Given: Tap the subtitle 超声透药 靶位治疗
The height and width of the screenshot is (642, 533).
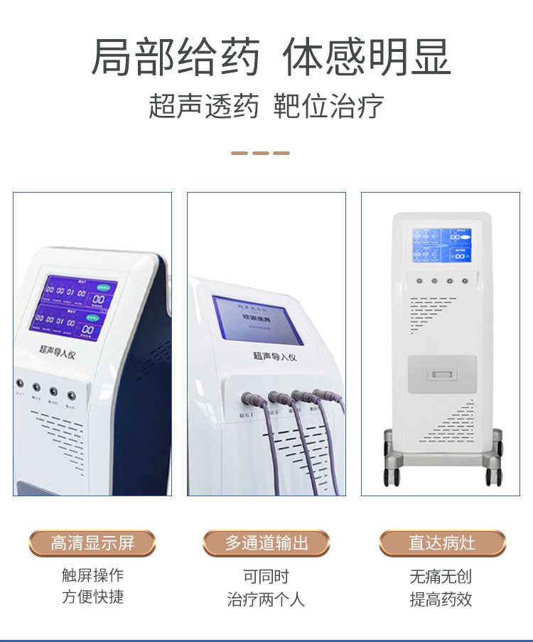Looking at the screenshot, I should pyautogui.click(x=266, y=106).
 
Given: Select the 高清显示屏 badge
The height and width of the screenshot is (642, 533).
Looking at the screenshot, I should pyautogui.click(x=92, y=543).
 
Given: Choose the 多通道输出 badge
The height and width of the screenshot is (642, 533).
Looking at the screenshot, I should pyautogui.click(x=266, y=543).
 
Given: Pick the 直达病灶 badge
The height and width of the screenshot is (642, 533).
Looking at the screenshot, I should pyautogui.click(x=442, y=543).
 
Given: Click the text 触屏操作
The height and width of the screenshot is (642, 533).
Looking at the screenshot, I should pyautogui.click(x=92, y=575).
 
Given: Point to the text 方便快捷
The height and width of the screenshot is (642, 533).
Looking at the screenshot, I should pyautogui.click(x=92, y=597).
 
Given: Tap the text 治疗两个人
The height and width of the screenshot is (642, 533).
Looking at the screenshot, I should pyautogui.click(x=266, y=599).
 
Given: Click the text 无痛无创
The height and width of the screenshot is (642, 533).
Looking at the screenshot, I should pyautogui.click(x=441, y=576).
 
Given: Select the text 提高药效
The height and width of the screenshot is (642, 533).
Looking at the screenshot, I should pyautogui.click(x=441, y=599).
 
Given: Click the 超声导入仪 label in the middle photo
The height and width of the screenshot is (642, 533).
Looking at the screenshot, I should pyautogui.click(x=274, y=355).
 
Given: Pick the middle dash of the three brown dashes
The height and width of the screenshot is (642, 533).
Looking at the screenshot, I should pyautogui.click(x=261, y=153).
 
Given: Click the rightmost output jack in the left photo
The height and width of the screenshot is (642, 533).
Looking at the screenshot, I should pyautogui.click(x=71, y=395).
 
